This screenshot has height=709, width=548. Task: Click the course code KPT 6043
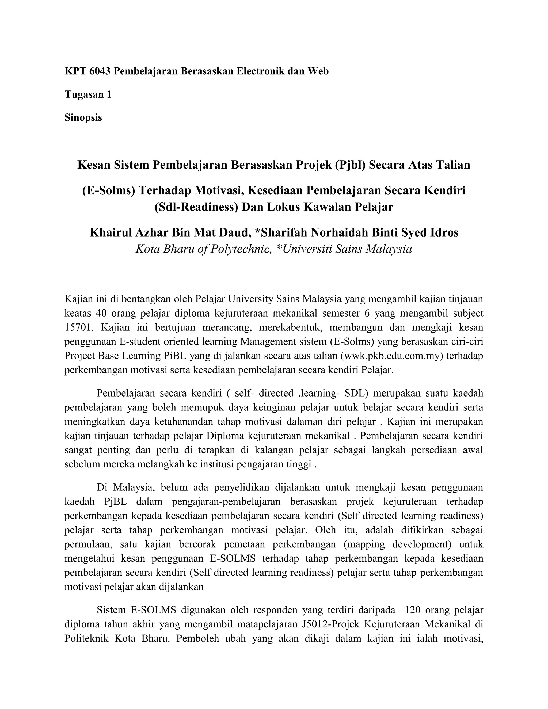pyautogui.click(x=88, y=71)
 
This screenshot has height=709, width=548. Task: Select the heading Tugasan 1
pyautogui.click(x=88, y=94)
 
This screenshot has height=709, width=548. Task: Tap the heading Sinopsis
pyautogui.click(x=83, y=117)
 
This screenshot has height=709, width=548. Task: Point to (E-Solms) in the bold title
pyautogui.click(x=108, y=190)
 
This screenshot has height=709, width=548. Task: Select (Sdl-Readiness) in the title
pyautogui.click(x=196, y=207)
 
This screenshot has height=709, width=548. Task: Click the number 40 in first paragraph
pyautogui.click(x=101, y=313)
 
